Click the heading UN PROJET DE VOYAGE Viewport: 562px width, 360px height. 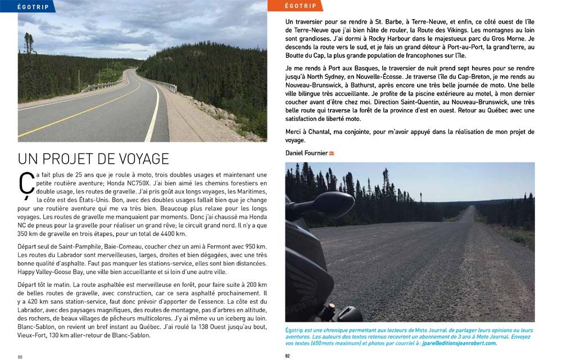93,158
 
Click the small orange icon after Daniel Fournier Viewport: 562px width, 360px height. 332,153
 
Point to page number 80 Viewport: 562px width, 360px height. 20,356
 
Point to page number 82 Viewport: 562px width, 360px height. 288,355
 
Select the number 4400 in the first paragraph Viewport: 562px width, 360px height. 154,233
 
